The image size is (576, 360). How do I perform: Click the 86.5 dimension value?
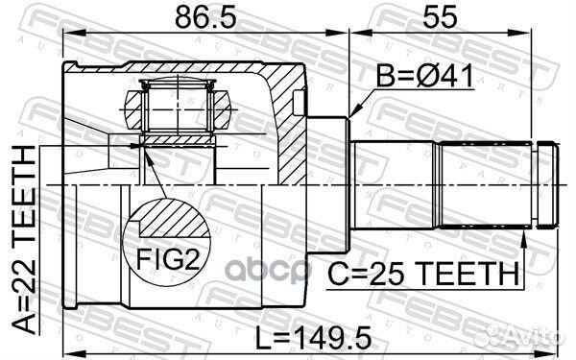coord(205,17)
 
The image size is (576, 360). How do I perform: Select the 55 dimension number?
coord(441,17)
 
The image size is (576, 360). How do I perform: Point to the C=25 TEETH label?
coord(423,274)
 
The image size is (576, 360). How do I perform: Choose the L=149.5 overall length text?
coord(313,338)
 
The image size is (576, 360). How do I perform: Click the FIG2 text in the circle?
coord(167,259)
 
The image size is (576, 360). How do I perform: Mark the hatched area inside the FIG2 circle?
coord(173,218)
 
